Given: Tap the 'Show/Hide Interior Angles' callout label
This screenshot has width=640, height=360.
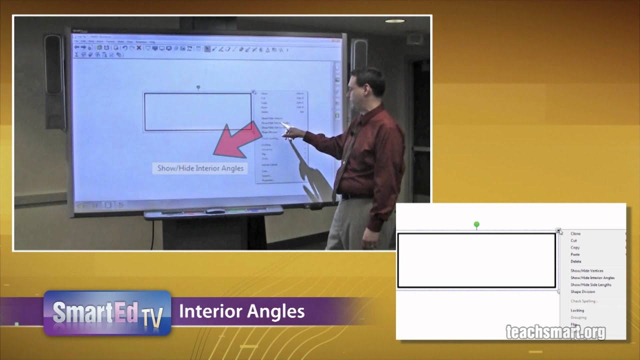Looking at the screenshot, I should tap(200, 168).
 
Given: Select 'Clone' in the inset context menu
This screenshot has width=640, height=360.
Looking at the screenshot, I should tap(575, 233).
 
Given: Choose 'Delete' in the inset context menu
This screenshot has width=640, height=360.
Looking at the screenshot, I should tap(576, 261).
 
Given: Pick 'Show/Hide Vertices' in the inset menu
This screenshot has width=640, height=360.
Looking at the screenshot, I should tap(587, 270).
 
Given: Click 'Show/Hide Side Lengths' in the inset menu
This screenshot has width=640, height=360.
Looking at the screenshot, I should tap(591, 284).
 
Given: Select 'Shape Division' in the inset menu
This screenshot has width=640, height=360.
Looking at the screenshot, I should tap(583, 291).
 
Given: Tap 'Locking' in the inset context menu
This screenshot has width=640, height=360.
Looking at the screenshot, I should tap(577, 310).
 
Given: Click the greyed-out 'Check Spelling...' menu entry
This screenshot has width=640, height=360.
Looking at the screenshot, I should tap(584, 301).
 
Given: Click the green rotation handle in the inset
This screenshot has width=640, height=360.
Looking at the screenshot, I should tap(476, 225).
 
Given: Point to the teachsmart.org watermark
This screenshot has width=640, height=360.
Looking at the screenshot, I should tap(555, 332).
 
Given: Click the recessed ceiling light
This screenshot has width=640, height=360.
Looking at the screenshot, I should tap(394, 21).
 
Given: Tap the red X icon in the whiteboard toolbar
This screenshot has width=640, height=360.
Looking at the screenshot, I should tap(139, 48).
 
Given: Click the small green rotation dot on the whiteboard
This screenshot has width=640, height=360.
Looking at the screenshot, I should tap(198, 87).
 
